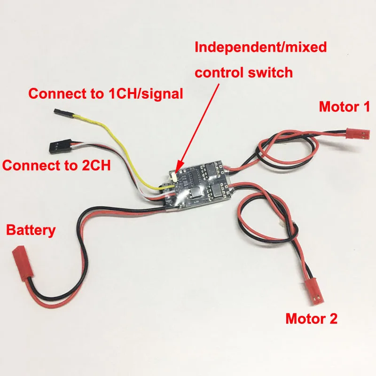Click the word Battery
[31, 230]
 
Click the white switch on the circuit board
[175, 178]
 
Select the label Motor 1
[345, 107]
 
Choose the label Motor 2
[312, 319]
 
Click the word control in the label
[220, 73]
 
